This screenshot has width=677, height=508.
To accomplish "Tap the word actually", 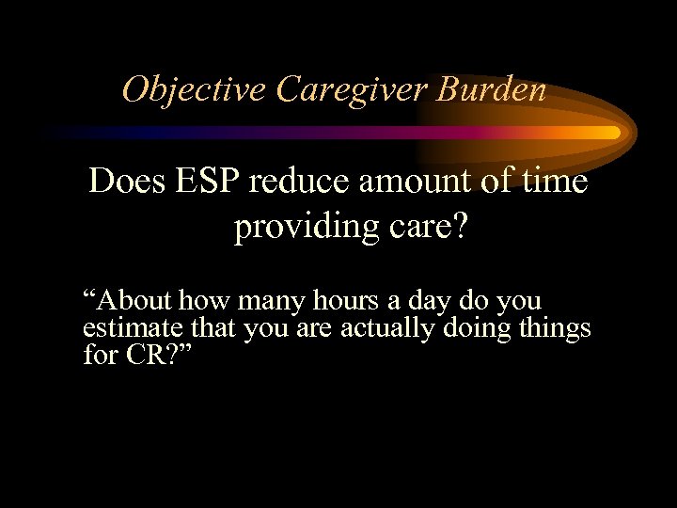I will [380, 329].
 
